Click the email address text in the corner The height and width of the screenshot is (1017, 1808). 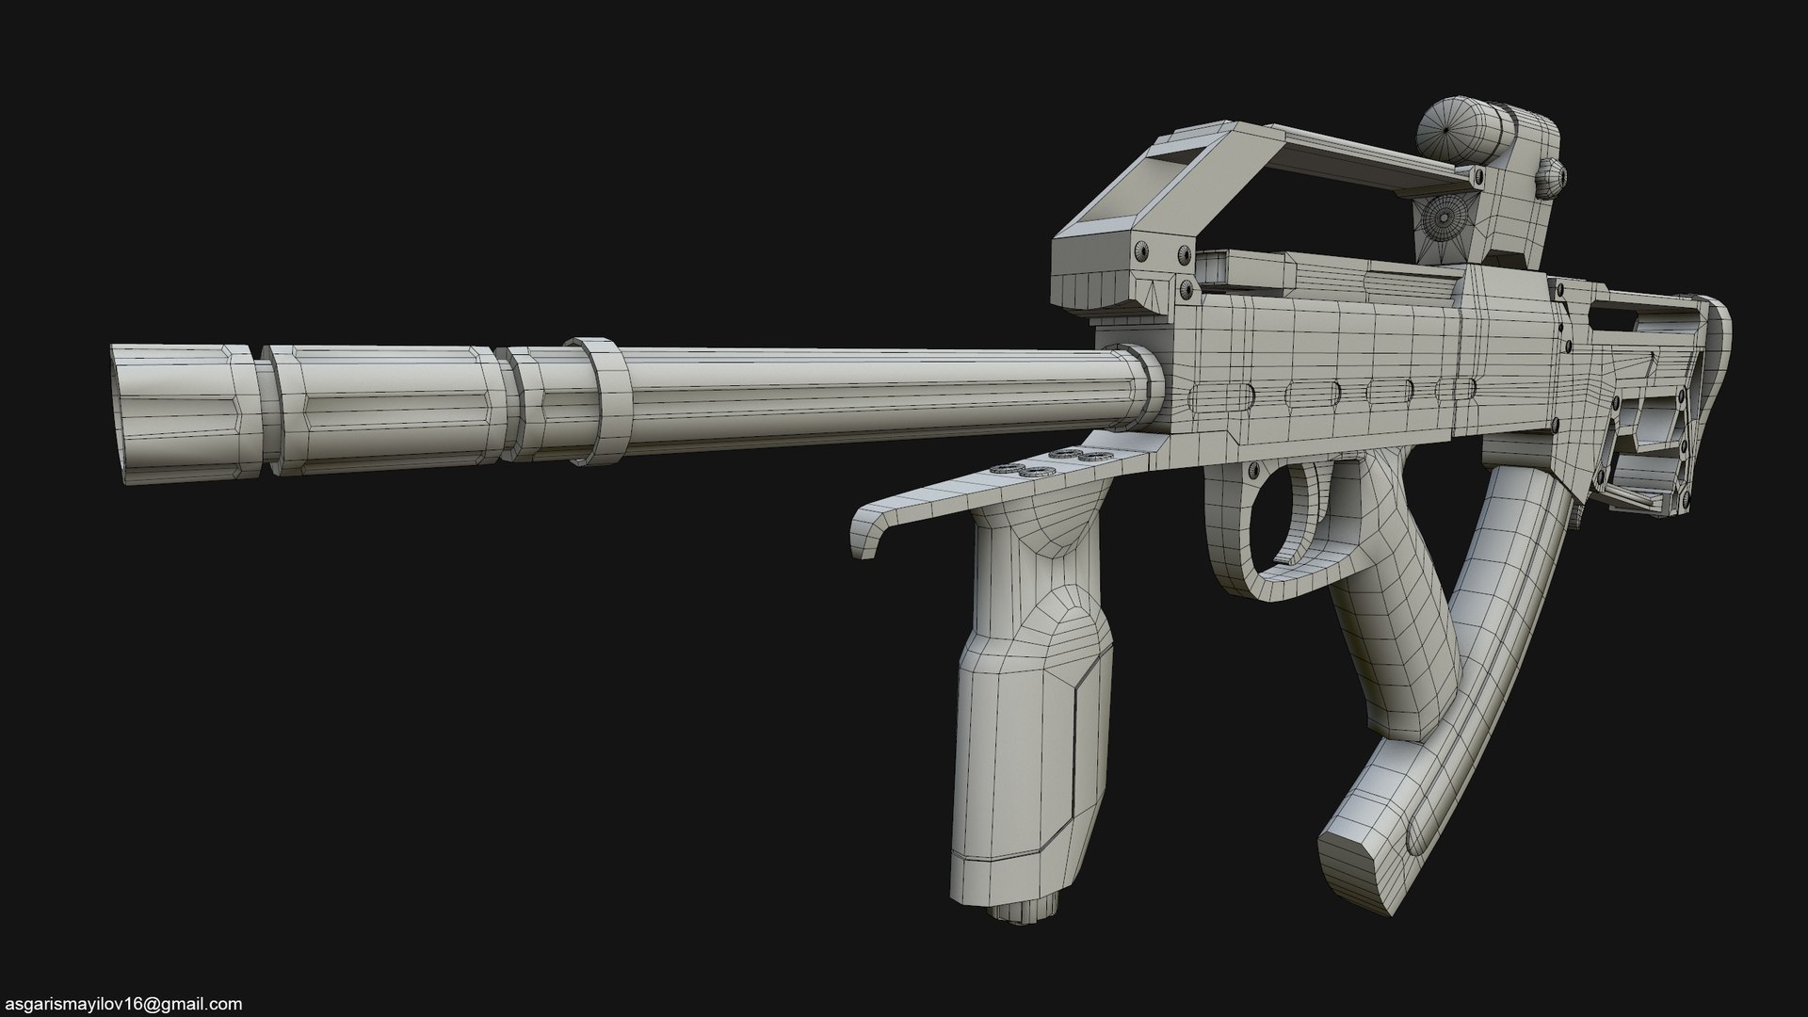tap(121, 1004)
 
